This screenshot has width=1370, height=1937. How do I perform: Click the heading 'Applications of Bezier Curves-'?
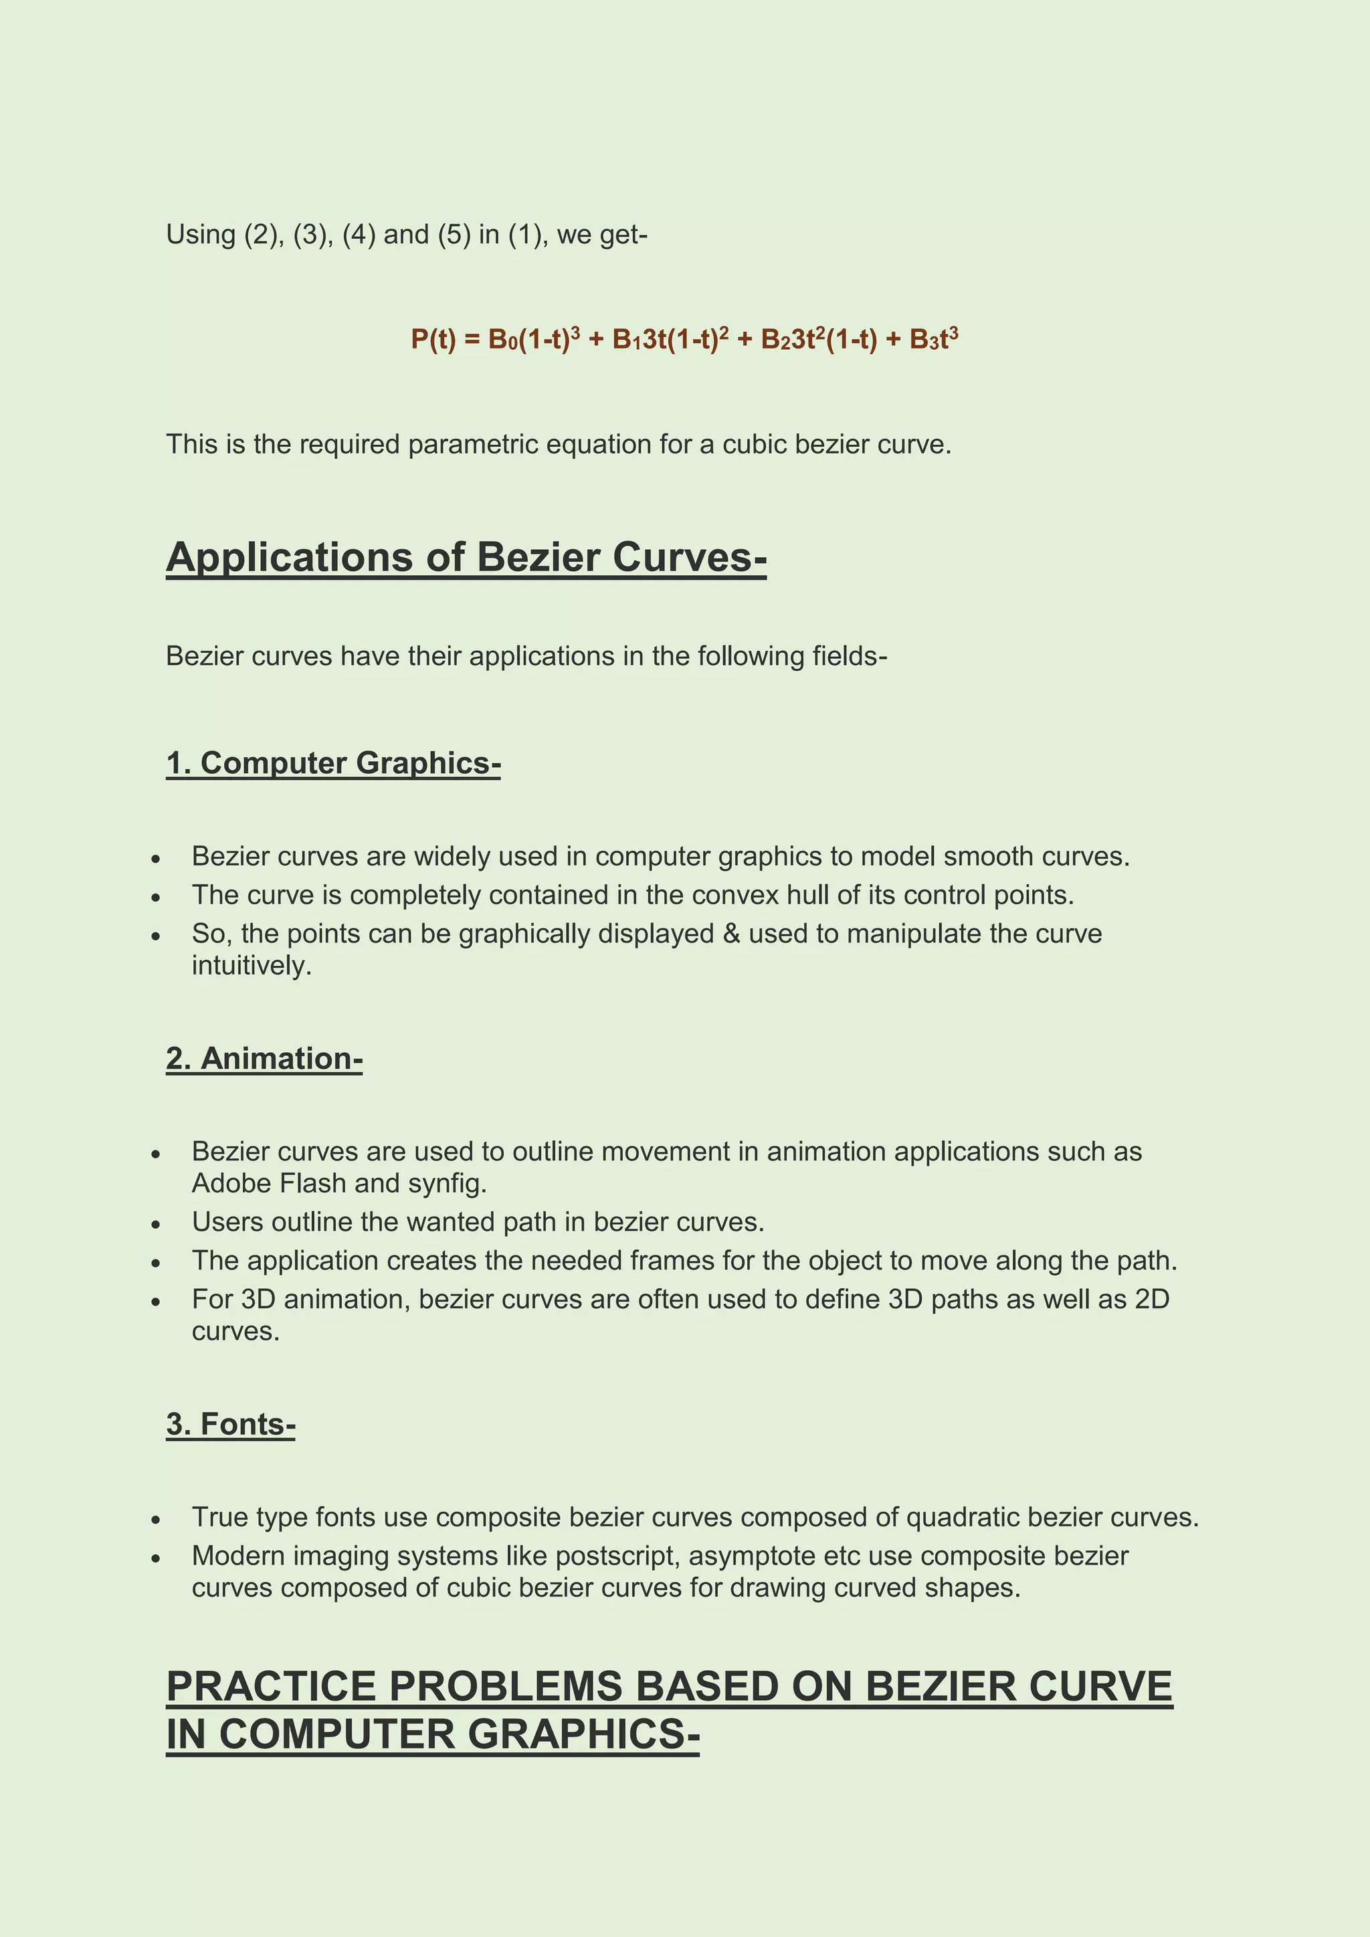pos(466,558)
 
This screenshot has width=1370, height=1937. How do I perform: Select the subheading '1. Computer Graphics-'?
pos(333,762)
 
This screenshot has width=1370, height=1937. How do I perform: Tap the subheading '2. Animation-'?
pos(264,1058)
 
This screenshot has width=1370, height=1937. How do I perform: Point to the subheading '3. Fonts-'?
pos(230,1424)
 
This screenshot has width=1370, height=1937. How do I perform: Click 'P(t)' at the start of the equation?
pos(433,339)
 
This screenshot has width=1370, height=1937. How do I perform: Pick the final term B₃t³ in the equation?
pos(933,339)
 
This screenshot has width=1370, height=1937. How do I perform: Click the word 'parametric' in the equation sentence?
pos(472,445)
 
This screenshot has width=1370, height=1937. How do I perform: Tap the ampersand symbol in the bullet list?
pos(730,934)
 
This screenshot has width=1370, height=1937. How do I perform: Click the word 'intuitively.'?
pos(252,966)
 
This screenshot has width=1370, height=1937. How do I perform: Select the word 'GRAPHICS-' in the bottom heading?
pos(583,1736)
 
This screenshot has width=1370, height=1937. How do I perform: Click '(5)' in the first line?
pos(454,235)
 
